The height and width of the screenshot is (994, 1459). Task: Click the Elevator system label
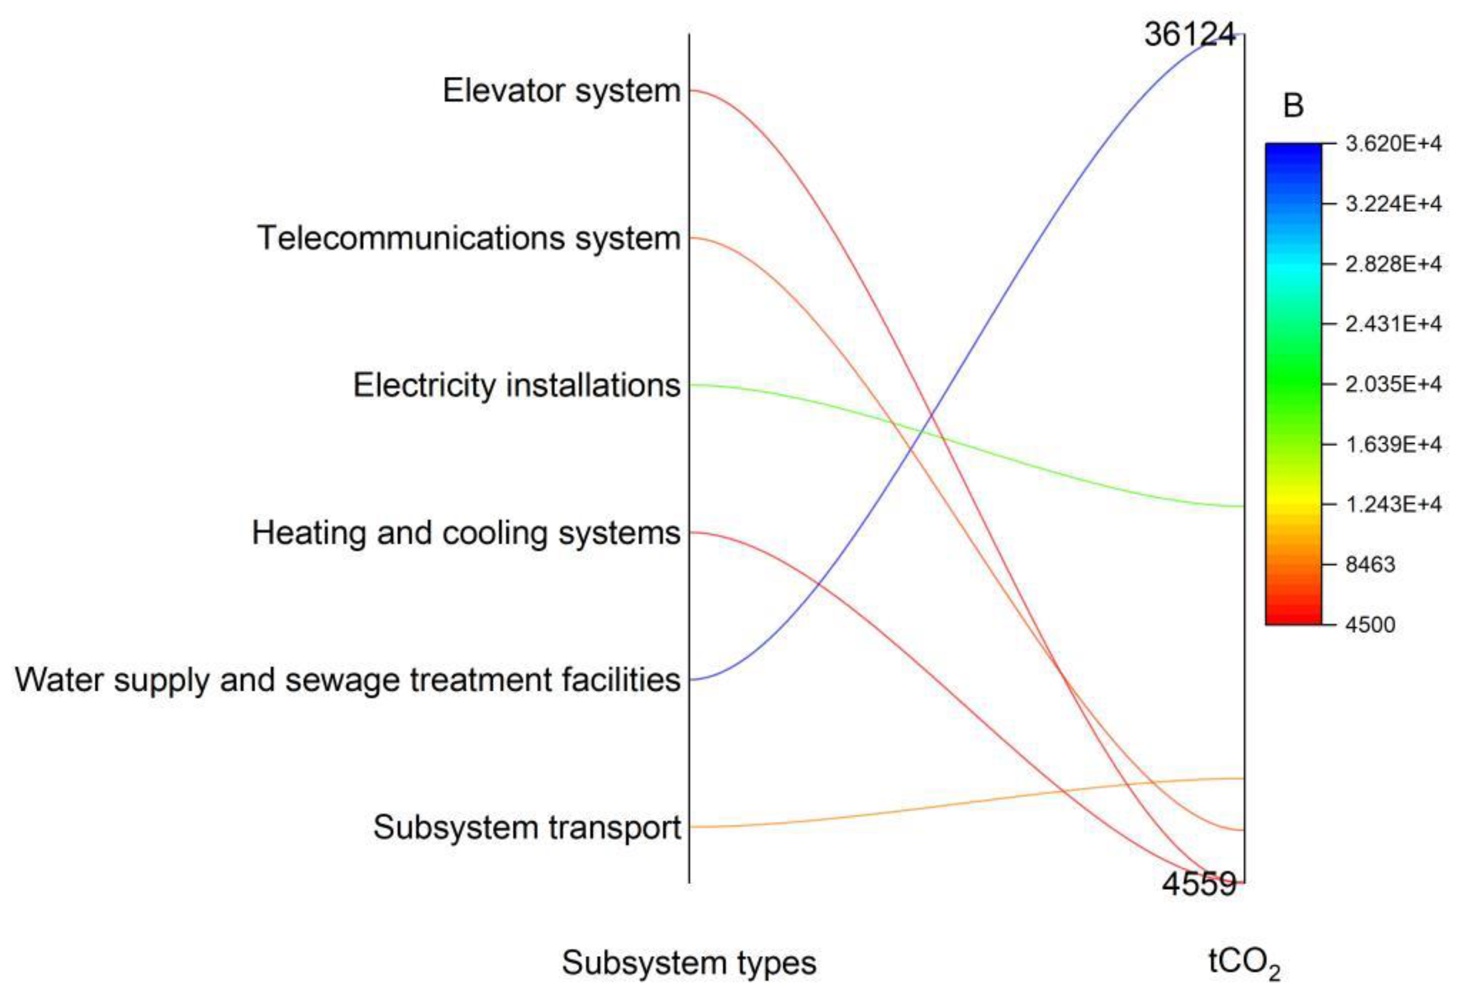tap(561, 91)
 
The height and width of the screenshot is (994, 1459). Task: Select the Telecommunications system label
tap(468, 239)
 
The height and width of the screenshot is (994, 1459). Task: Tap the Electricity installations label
tap(516, 386)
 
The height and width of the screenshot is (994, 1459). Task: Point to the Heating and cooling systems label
tap(466, 533)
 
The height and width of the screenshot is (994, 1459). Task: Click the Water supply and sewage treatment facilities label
tap(347, 680)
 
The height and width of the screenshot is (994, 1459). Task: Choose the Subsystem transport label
tap(527, 827)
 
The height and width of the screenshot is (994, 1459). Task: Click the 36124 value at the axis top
tap(1189, 34)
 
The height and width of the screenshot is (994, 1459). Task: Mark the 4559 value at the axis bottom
tap(1198, 884)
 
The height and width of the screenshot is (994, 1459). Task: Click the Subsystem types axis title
tap(688, 963)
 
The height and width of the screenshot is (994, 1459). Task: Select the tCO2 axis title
tap(1243, 964)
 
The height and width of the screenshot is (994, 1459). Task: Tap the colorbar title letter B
tap(1293, 106)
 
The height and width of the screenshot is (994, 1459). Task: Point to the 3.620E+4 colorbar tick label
tap(1393, 144)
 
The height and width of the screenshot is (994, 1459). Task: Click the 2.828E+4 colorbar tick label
tap(1393, 264)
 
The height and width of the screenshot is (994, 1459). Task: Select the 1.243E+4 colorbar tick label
tap(1393, 504)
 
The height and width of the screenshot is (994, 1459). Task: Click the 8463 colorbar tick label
tap(1370, 564)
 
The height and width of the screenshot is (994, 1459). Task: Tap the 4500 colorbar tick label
tap(1370, 625)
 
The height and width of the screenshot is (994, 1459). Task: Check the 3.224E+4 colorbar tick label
tap(1393, 204)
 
